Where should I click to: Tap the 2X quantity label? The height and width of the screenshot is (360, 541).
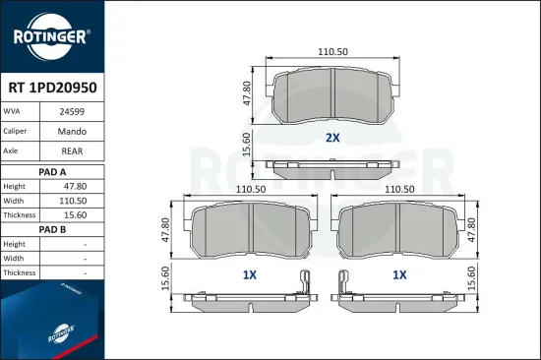point(332,138)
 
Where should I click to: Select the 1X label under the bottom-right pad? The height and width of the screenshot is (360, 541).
point(399,275)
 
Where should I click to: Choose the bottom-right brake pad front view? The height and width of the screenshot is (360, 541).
point(398,232)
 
